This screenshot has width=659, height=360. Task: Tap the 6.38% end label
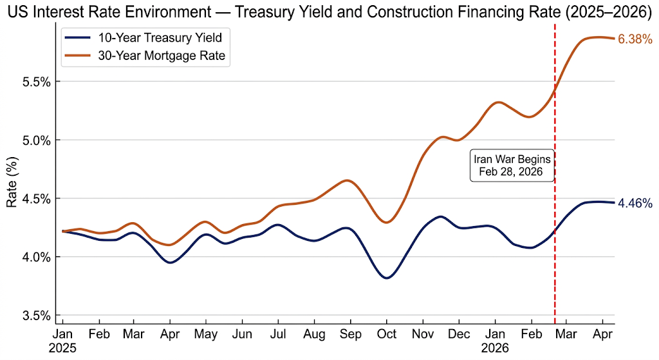pos(635,40)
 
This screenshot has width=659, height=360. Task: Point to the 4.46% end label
pos(635,204)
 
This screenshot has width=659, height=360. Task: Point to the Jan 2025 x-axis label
pos(63,341)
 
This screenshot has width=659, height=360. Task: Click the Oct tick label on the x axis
pos(386,335)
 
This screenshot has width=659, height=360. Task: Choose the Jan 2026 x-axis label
pos(495,341)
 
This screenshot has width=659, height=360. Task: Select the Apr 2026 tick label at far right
pos(602,335)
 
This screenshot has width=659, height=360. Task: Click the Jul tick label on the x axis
pos(277,335)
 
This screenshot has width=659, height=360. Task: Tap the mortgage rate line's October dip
pos(386,222)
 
